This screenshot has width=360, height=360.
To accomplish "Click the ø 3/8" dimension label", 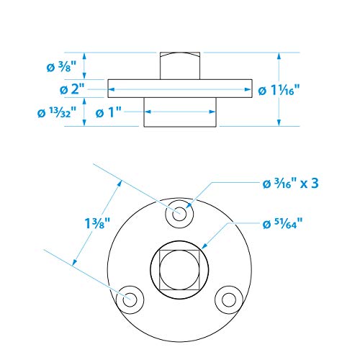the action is tap(61, 66).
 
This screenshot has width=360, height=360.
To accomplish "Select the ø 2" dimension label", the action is tap(72, 89).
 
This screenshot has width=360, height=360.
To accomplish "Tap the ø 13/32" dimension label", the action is tap(57, 112).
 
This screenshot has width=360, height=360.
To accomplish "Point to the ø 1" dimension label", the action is tap(109, 112).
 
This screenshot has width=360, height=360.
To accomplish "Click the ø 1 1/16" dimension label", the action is tap(279, 90).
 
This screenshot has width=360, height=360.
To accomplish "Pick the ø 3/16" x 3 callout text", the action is tap(291, 184).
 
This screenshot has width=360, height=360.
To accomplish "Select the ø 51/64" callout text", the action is tap(282, 224).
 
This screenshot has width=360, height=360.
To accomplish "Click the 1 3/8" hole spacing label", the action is tap(97, 223).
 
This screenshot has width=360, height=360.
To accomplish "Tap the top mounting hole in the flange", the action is tap(179, 213).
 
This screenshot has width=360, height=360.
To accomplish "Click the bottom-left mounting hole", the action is tap(130, 300).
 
